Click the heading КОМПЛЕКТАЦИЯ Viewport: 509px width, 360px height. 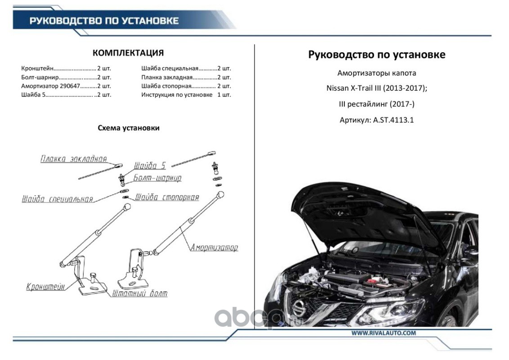point(128,53)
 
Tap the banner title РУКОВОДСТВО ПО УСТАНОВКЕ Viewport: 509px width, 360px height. point(104,21)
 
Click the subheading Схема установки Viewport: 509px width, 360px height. point(129,128)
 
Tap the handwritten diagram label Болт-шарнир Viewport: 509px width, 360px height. point(157,178)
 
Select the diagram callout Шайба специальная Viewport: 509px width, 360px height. point(57,199)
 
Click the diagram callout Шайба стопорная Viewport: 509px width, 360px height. point(167,197)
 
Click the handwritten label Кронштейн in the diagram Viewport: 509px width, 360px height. point(45,286)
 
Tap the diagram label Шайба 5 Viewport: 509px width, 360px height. point(150,166)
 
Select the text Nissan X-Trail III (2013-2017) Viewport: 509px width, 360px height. point(377,88)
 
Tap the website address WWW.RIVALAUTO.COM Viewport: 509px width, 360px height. point(384,333)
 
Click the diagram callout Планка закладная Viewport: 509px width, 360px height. point(73,159)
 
